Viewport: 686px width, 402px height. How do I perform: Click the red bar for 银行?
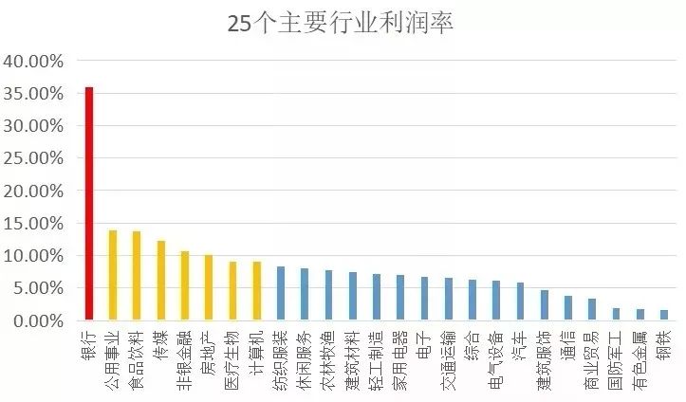[89, 204]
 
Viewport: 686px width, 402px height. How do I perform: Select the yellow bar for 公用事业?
[113, 275]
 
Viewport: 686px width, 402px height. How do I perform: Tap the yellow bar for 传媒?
[161, 281]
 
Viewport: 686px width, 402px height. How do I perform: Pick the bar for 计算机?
[256, 291]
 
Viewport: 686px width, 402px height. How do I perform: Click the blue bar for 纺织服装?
[281, 294]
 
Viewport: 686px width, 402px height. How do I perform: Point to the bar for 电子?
[424, 299]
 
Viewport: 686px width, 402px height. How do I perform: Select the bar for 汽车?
[520, 301]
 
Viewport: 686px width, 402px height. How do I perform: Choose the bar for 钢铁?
[663, 316]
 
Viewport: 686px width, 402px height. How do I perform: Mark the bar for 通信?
[567, 308]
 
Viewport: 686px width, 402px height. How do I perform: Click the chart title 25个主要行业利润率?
[341, 23]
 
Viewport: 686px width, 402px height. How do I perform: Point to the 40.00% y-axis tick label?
[33, 62]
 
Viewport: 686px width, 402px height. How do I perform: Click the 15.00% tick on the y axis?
[33, 224]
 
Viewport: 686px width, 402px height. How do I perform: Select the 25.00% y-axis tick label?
[33, 159]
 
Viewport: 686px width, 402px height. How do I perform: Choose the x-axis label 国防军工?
[616, 359]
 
